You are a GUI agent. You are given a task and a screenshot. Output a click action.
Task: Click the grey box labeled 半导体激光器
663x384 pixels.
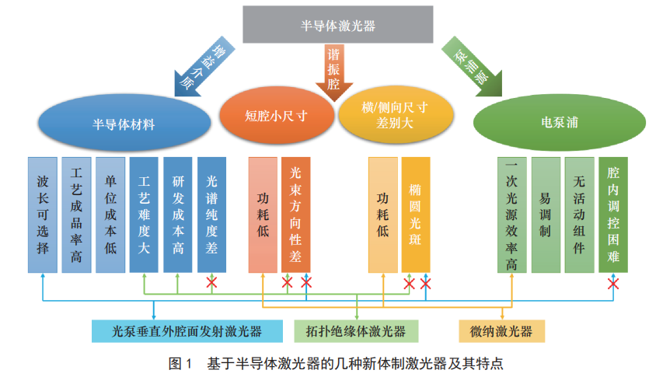click(x=337, y=26)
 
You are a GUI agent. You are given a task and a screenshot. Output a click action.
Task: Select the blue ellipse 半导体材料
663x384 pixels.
click(x=124, y=124)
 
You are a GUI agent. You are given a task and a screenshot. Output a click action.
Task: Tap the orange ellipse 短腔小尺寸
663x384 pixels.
click(x=277, y=117)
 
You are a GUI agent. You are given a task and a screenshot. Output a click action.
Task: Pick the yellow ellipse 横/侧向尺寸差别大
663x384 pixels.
click(x=396, y=117)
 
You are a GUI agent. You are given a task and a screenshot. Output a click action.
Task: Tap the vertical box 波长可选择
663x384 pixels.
click(x=43, y=215)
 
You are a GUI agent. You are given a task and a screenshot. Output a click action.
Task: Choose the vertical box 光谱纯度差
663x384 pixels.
click(x=211, y=215)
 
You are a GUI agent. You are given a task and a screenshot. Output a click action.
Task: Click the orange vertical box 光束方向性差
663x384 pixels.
click(x=295, y=215)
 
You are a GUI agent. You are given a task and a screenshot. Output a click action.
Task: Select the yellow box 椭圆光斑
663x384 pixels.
click(x=416, y=215)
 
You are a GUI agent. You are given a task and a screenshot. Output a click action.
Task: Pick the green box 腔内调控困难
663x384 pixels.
click(x=613, y=215)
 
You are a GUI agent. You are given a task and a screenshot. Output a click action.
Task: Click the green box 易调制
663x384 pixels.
click(x=546, y=215)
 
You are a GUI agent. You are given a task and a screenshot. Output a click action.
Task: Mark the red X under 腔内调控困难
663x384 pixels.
click(x=613, y=284)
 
